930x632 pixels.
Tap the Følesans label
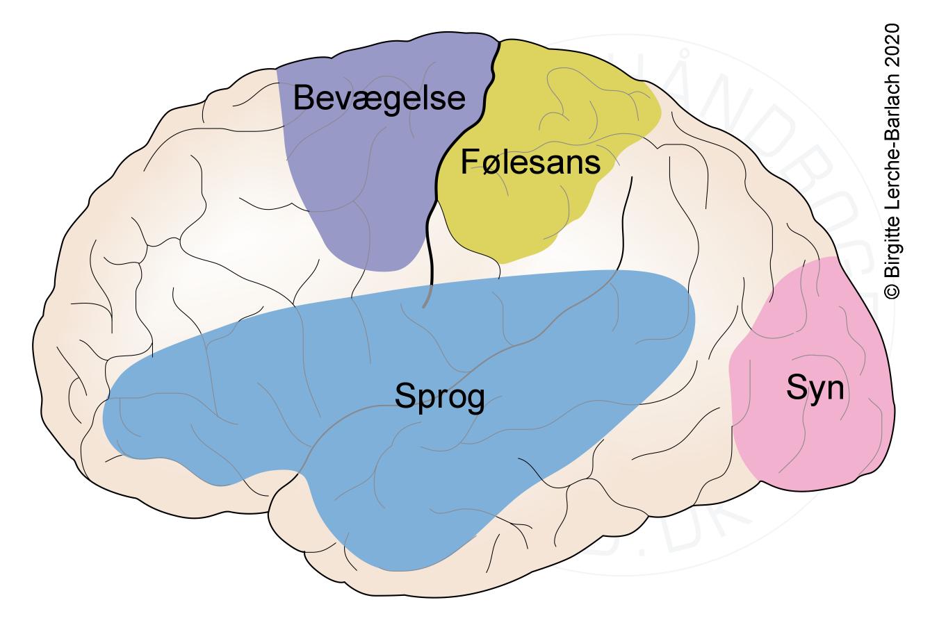(530, 163)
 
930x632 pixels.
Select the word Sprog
(439, 397)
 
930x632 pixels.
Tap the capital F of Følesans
(468, 163)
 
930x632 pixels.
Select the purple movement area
(361, 194)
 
